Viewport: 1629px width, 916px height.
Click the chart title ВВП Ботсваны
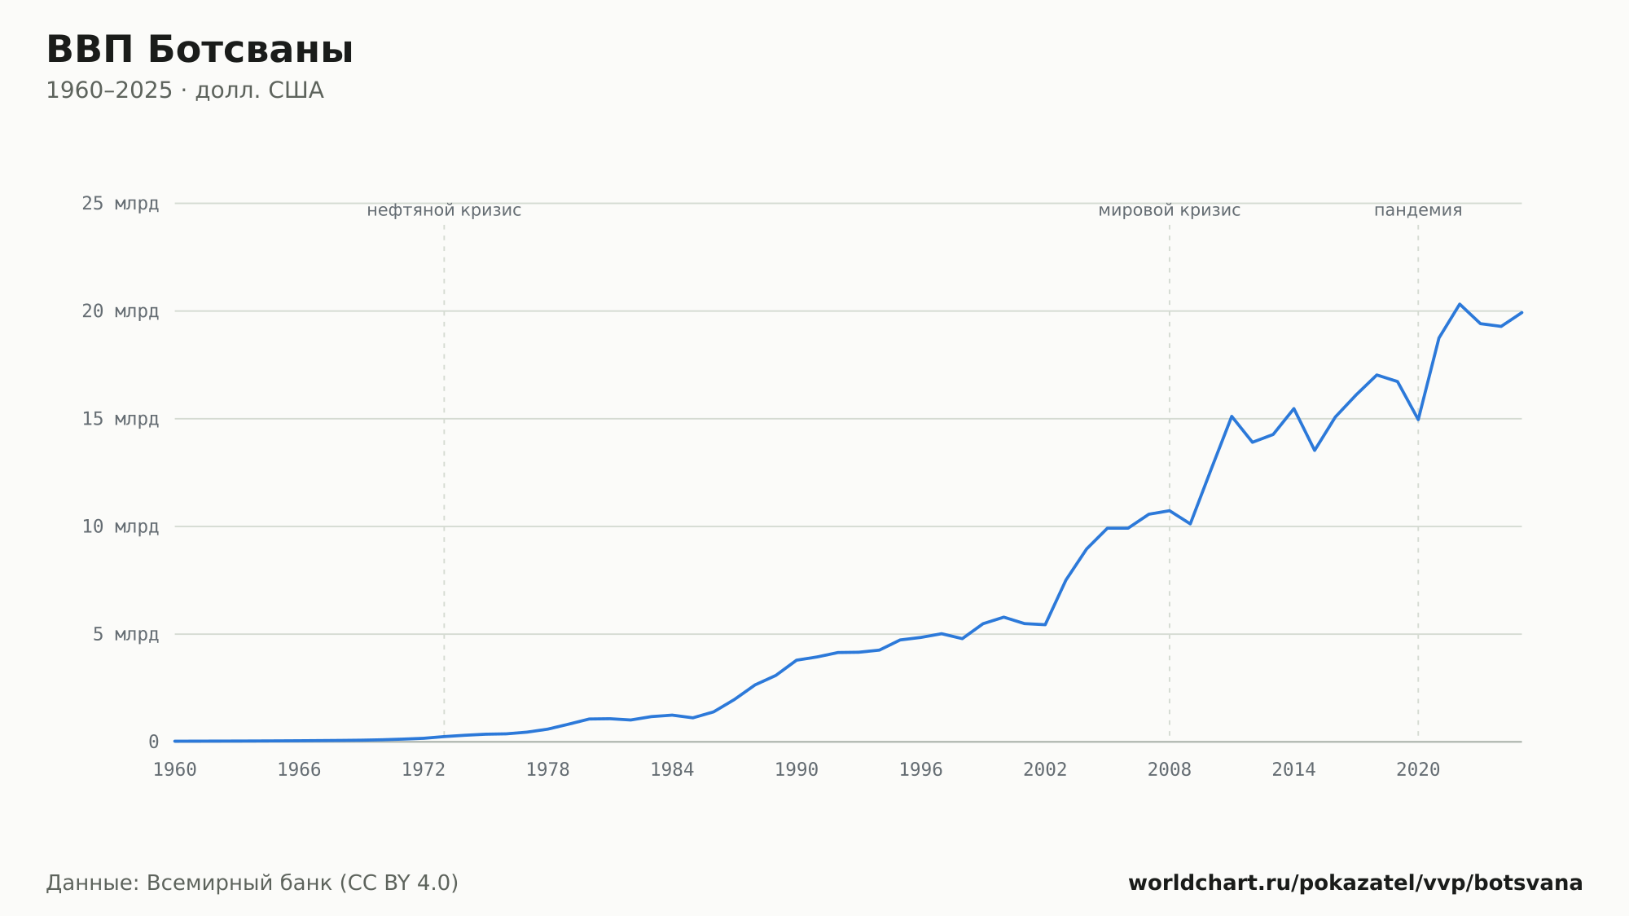(x=200, y=50)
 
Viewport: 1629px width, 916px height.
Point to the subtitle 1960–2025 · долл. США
(x=185, y=90)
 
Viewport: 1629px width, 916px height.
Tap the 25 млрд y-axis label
(x=120, y=204)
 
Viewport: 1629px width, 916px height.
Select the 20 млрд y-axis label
(x=120, y=311)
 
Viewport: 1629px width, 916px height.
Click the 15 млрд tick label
(x=120, y=419)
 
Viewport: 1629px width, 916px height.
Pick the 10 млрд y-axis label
(x=120, y=526)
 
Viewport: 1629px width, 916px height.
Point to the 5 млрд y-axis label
(x=125, y=634)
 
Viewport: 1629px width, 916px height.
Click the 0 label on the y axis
(x=153, y=742)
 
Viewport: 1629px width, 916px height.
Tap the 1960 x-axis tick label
(x=175, y=770)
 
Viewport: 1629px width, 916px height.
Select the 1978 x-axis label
(x=547, y=770)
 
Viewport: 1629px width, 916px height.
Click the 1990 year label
(x=797, y=770)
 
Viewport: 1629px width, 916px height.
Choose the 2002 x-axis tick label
(x=1045, y=770)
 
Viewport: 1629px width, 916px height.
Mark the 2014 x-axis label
(x=1293, y=770)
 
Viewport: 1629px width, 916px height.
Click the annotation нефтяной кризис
(x=444, y=210)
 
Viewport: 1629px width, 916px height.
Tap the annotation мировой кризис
(x=1170, y=210)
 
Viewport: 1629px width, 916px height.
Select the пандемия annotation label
(x=1418, y=210)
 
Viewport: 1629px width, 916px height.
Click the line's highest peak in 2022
(x=1460, y=304)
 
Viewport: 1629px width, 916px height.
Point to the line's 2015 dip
(x=1315, y=450)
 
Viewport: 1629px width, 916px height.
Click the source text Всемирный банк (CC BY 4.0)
(x=302, y=883)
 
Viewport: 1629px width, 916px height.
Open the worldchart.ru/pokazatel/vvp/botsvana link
(x=1355, y=883)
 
